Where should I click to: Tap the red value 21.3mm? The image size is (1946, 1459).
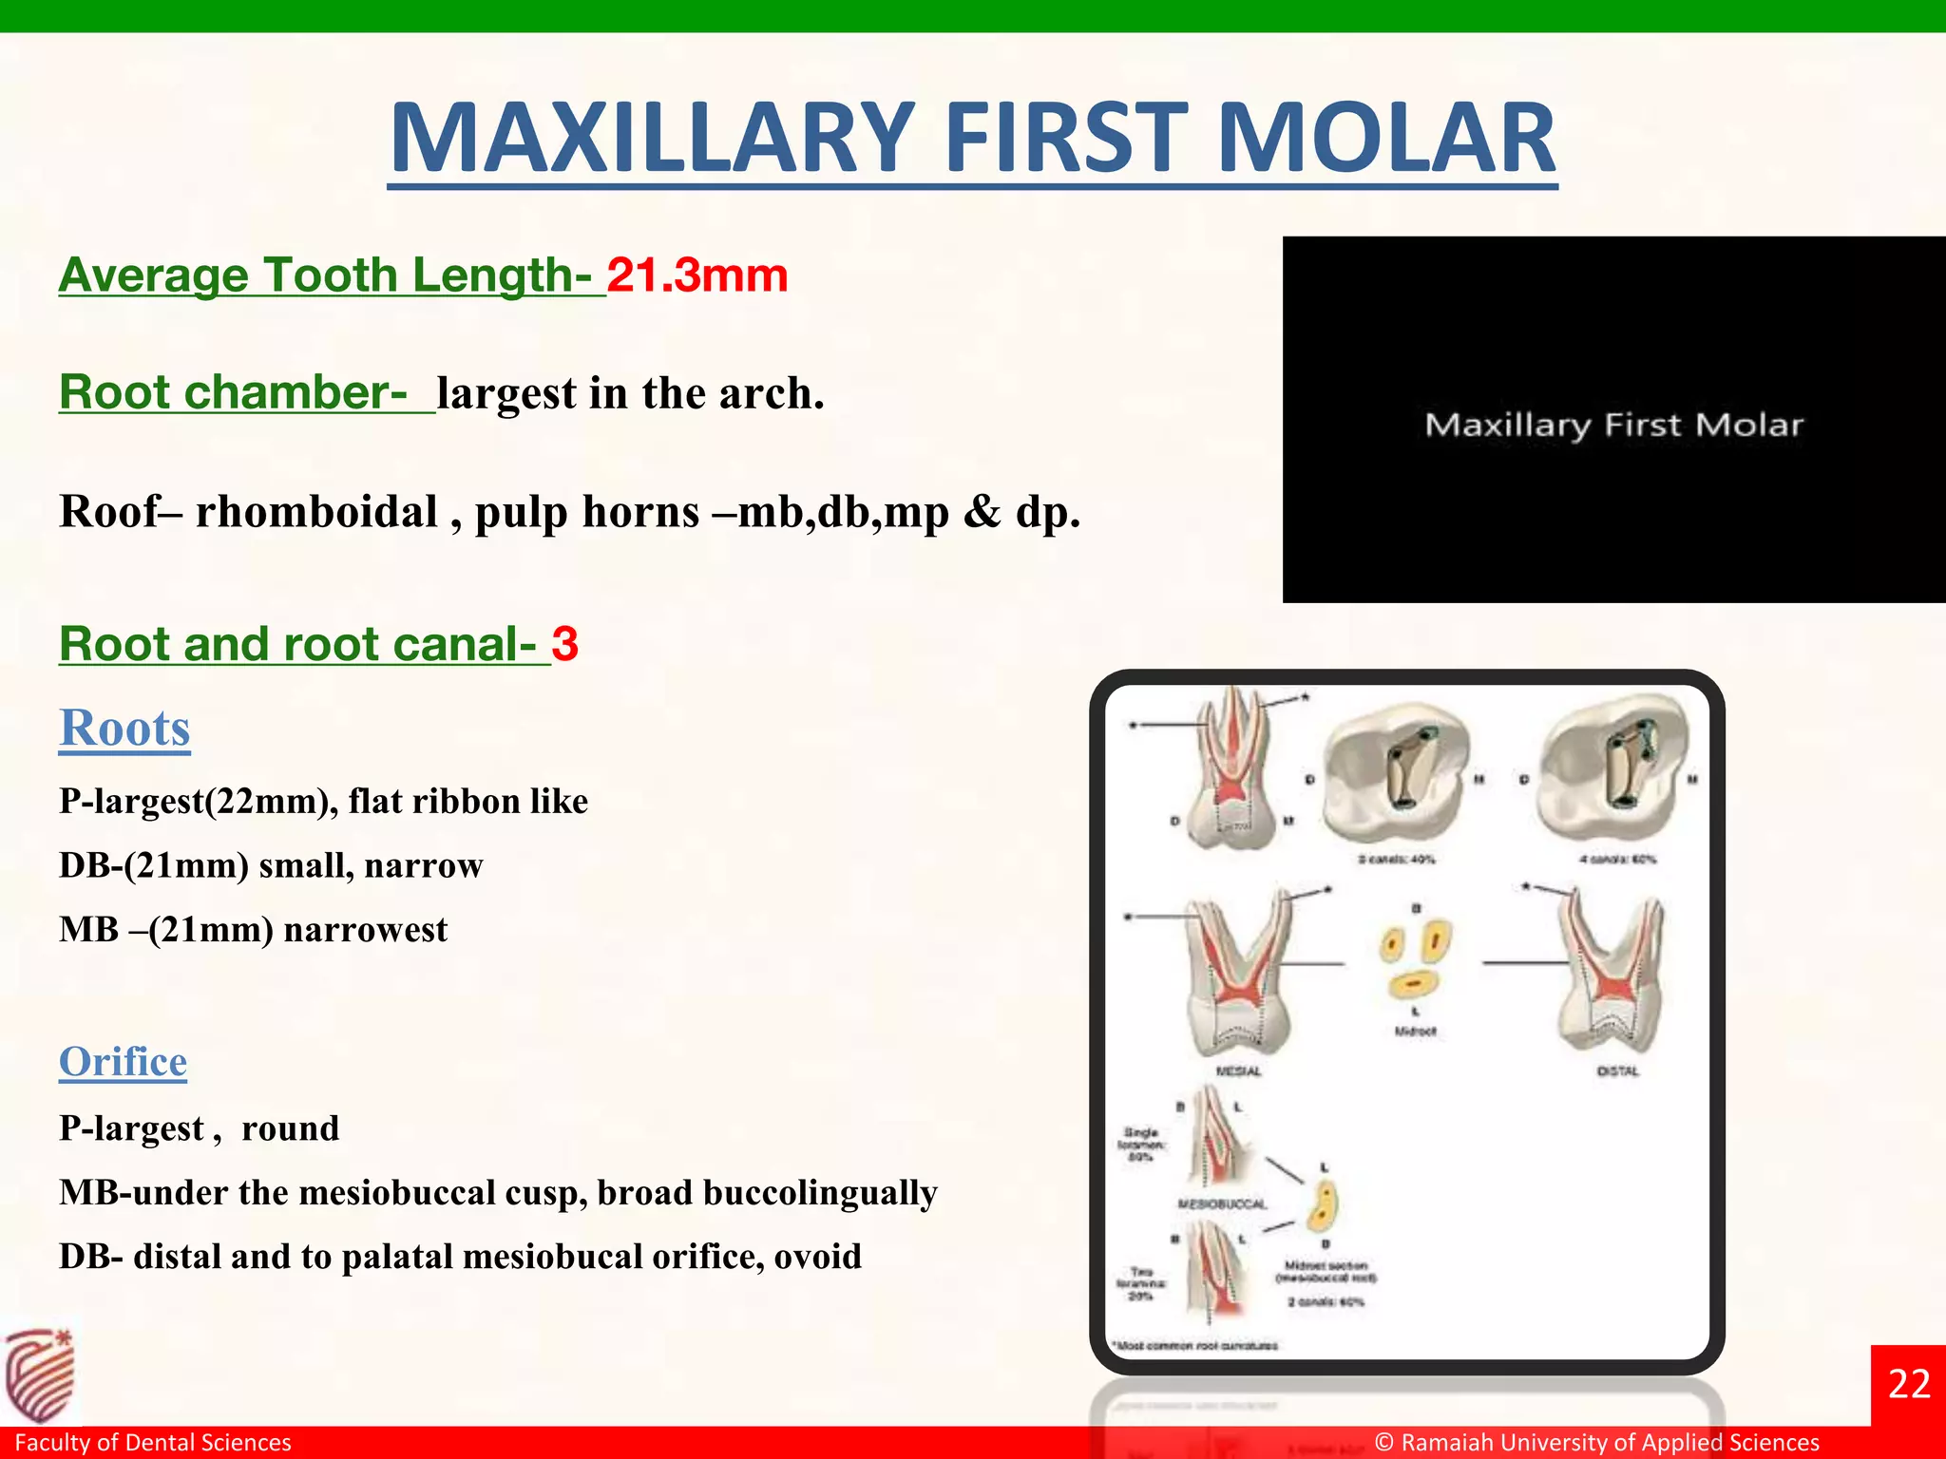pos(697,275)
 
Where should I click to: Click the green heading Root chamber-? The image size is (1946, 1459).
pos(234,392)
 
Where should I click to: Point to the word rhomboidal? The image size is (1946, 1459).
pos(316,512)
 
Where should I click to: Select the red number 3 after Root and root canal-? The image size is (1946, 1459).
pos(564,644)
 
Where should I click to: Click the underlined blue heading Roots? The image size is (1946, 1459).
pos(124,729)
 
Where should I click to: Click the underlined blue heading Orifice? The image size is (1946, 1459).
pos(123,1061)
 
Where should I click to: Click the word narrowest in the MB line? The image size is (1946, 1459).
pos(365,929)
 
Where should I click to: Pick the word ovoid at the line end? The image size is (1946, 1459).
pos(817,1257)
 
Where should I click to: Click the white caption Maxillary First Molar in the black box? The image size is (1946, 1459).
pos(1612,425)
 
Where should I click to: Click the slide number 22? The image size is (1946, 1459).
pos(1908,1384)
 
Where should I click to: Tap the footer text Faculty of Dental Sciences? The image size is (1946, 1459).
pos(153,1442)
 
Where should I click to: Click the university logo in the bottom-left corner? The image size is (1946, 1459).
pos(40,1374)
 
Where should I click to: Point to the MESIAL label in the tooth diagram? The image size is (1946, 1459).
pos(1238,1071)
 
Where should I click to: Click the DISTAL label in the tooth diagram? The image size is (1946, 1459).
pos(1617,1071)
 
